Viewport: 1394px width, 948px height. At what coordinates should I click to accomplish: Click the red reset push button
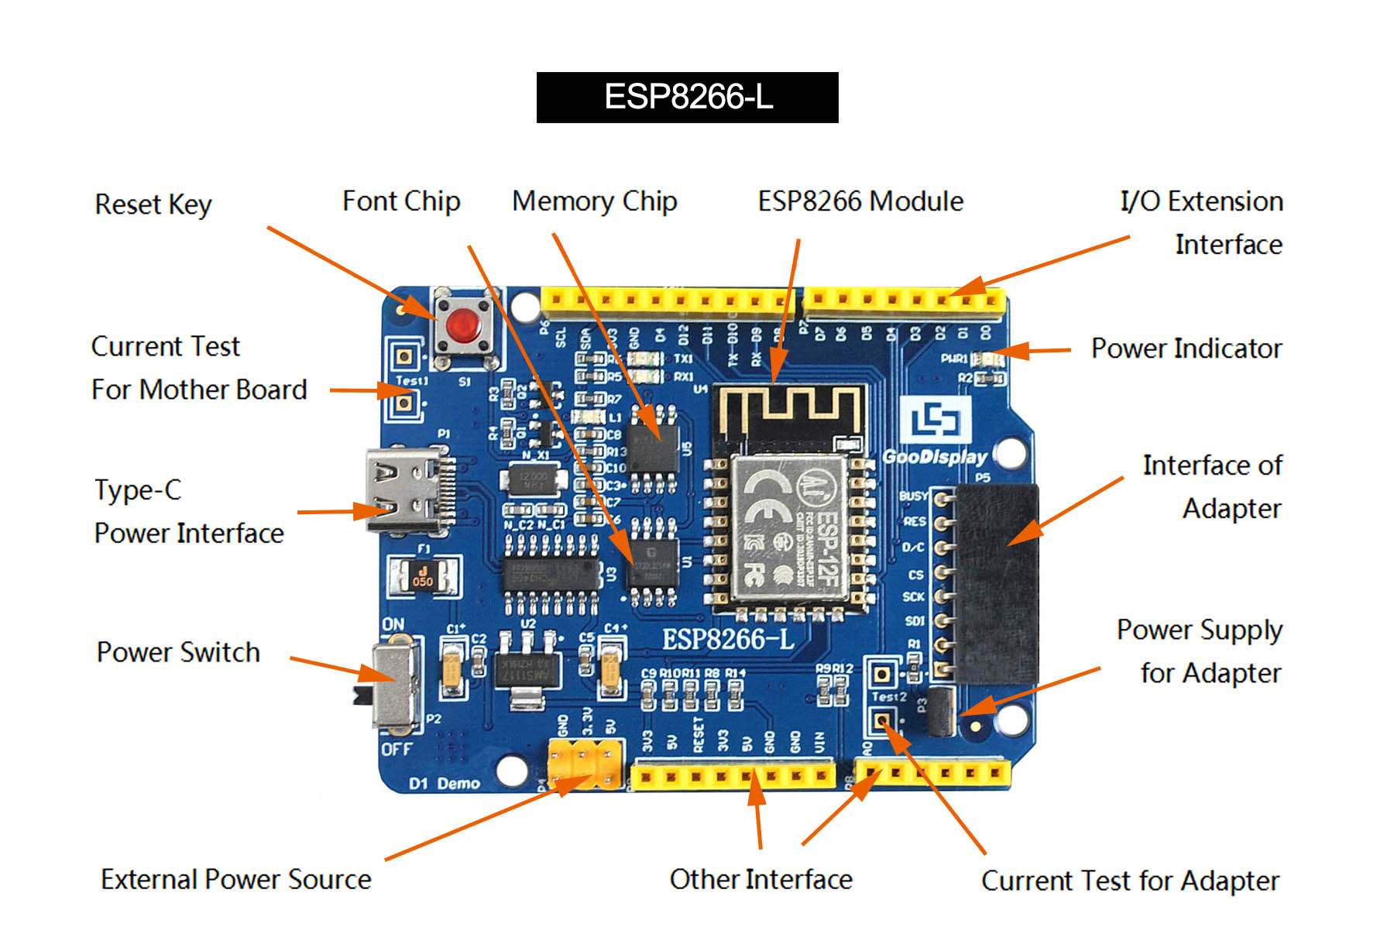[463, 325]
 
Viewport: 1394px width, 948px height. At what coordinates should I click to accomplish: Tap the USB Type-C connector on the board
[405, 491]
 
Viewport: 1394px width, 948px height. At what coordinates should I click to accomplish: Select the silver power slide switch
[396, 685]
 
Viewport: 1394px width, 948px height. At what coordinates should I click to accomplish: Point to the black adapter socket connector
[996, 582]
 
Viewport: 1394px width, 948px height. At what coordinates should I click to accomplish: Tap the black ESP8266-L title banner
[687, 98]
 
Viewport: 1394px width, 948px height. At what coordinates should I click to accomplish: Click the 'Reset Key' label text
[153, 204]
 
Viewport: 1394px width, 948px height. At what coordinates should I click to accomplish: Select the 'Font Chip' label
[401, 201]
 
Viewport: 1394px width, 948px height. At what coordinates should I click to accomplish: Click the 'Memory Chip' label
[594, 201]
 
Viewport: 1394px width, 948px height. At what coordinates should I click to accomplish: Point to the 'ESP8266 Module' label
[860, 201]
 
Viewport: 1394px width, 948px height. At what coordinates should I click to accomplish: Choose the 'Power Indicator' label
[1186, 349]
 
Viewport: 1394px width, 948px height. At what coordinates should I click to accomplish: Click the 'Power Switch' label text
[178, 652]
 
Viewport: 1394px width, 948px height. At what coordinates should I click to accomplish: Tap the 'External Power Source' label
[236, 879]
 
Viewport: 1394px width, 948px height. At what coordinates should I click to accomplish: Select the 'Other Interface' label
[761, 879]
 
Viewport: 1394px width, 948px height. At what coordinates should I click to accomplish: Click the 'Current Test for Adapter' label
[1130, 881]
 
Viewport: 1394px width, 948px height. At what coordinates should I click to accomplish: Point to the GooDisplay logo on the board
[936, 434]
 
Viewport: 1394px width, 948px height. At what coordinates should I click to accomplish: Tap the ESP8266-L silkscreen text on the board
[728, 639]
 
